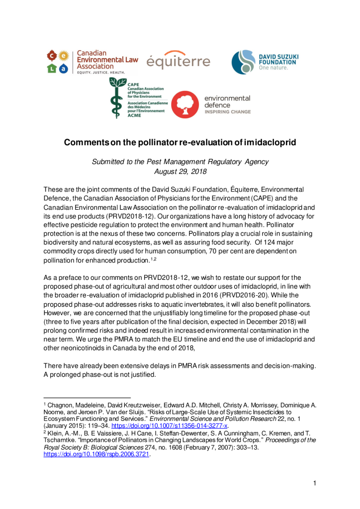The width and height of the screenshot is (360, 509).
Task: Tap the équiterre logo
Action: [178, 60]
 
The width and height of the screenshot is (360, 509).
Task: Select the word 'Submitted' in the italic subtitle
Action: [109, 161]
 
